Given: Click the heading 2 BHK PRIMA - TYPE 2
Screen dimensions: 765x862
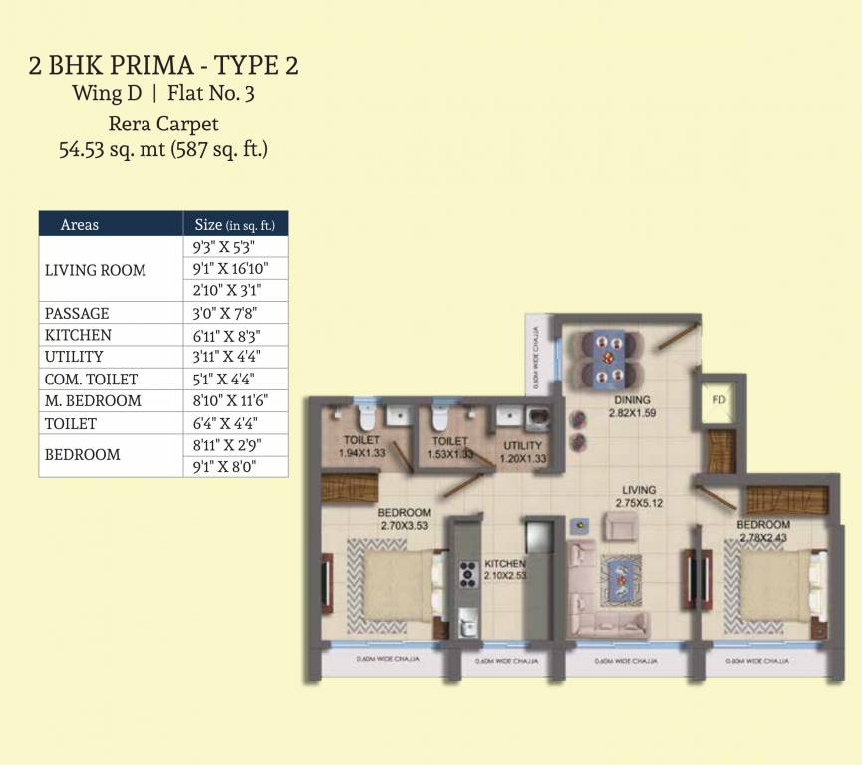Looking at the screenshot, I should point(164,67).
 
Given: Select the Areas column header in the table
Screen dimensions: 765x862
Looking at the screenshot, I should point(80,224).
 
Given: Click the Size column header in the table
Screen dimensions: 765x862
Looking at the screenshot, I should point(235,224).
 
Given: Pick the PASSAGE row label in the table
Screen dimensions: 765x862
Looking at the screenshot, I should point(77,313).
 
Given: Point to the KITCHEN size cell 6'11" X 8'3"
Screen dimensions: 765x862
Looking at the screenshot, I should point(235,335).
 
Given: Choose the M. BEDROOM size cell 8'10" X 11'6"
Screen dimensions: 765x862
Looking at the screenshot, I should point(235,400).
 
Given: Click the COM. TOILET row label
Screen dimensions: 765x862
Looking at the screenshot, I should point(91,380).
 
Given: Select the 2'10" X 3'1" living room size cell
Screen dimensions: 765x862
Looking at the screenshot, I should point(235,291).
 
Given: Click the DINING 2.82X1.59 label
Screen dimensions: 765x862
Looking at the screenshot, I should point(632,407).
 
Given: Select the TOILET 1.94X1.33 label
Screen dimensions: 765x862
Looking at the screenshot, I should point(360,446).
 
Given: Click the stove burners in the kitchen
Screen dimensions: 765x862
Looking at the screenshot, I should point(467,575).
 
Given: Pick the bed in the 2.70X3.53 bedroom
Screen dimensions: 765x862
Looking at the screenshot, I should point(394,585).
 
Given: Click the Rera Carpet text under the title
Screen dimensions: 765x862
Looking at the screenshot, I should point(163,125).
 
